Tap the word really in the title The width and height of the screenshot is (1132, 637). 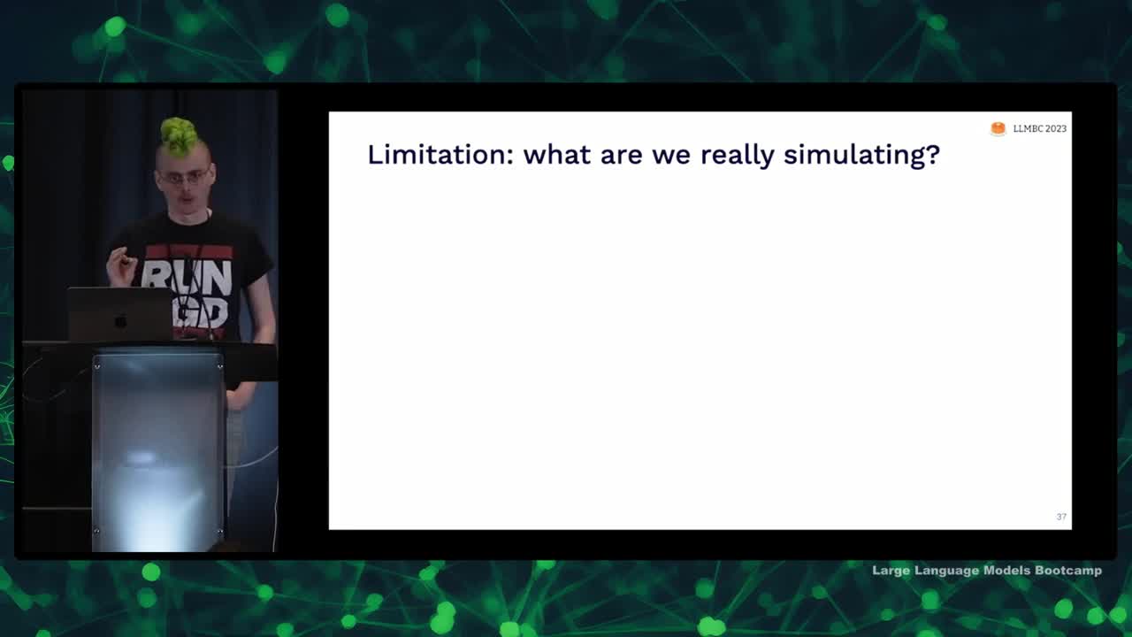[737, 156]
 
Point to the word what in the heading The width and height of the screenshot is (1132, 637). [557, 155]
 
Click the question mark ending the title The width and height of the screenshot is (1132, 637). [934, 154]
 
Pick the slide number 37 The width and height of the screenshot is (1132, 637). [1061, 517]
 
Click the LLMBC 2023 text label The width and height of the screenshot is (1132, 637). [1040, 129]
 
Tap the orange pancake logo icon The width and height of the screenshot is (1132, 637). [998, 128]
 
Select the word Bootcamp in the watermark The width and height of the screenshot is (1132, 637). [1068, 571]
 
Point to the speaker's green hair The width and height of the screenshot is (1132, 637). [179, 136]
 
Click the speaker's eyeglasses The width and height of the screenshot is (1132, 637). [184, 177]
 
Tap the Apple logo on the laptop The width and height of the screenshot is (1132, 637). [120, 320]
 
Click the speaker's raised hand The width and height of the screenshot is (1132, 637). [121, 266]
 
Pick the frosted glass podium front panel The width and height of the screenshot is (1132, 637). [158, 450]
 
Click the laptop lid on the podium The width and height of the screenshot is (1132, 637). [119, 314]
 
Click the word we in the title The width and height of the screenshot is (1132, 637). [671, 157]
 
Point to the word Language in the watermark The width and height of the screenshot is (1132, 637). [946, 572]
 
